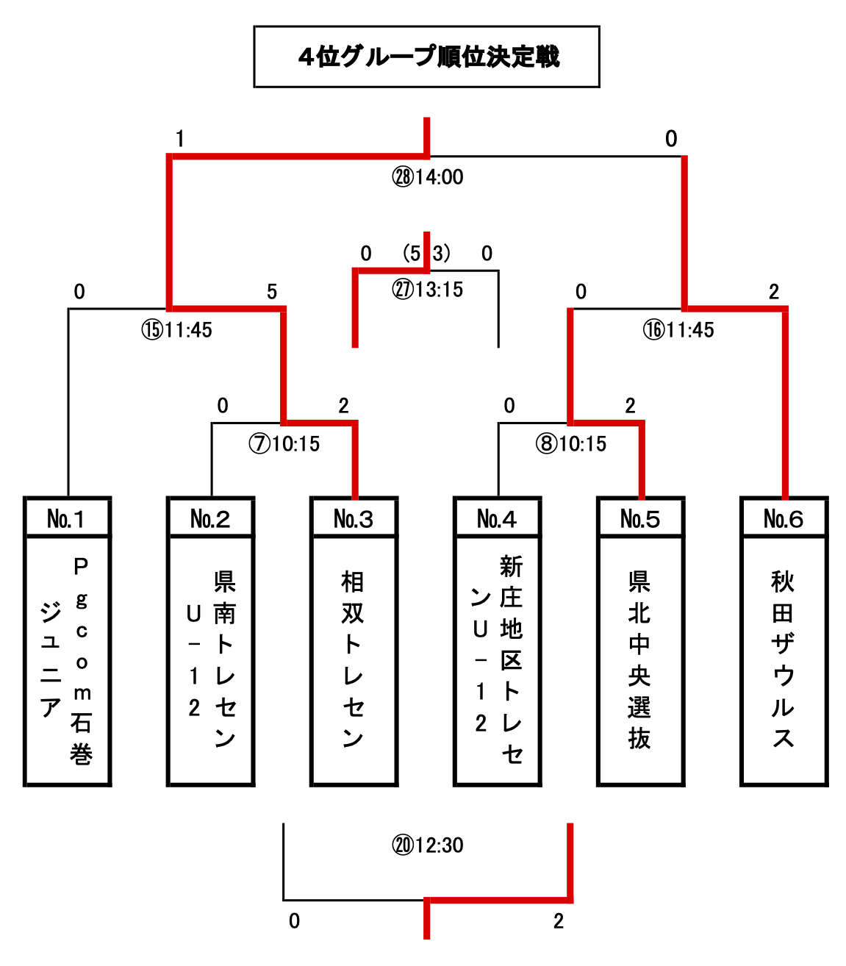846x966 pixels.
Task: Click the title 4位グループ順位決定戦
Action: (x=428, y=57)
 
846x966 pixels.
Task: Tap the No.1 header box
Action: (x=67, y=519)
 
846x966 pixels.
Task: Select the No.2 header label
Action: (x=210, y=519)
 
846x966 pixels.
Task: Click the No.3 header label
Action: (x=354, y=519)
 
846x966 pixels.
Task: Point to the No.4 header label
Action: (x=497, y=519)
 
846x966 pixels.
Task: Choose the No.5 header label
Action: (x=640, y=519)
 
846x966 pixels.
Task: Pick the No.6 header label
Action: (x=784, y=519)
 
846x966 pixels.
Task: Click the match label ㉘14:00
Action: (x=428, y=177)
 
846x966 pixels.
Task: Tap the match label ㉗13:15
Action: (x=428, y=290)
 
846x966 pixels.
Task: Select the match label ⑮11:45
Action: (x=176, y=330)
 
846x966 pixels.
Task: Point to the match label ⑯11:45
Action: (x=678, y=330)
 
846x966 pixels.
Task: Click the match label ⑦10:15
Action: (x=284, y=444)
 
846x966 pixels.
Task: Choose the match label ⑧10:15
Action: (x=571, y=444)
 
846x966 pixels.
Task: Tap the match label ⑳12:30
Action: (x=428, y=845)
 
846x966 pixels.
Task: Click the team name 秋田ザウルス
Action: (x=783, y=659)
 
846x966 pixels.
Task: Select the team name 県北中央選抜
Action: (x=639, y=659)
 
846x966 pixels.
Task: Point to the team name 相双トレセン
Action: (x=353, y=659)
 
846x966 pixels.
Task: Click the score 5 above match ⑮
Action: (x=272, y=292)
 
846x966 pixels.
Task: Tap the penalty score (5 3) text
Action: (x=426, y=254)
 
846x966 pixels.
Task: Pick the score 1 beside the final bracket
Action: (x=180, y=138)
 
